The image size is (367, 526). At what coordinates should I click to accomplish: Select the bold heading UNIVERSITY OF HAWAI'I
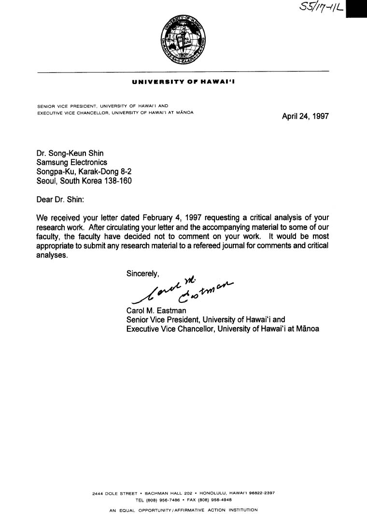pyautogui.click(x=183, y=83)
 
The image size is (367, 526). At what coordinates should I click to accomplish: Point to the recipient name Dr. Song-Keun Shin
pyautogui.click(x=70, y=154)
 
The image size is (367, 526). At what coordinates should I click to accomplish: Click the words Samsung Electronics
pyautogui.click(x=72, y=163)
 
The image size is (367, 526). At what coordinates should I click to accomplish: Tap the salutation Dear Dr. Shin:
pyautogui.click(x=60, y=199)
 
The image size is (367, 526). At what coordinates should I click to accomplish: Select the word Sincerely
pyautogui.click(x=142, y=273)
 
